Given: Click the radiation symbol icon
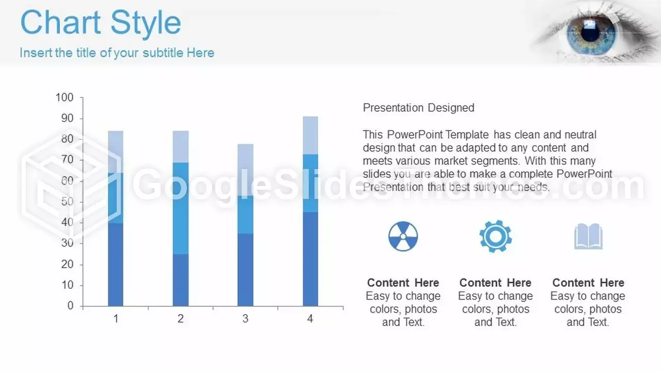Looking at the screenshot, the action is click(x=403, y=237).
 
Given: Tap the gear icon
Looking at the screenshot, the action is click(x=495, y=236).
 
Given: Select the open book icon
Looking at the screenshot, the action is click(x=588, y=236).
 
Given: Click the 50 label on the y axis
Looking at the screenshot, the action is click(x=67, y=202).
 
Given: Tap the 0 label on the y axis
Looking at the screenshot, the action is click(x=70, y=305).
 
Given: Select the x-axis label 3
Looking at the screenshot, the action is click(x=245, y=319).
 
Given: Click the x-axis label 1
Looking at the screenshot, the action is click(x=116, y=319).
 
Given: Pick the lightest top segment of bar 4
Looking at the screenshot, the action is click(x=310, y=135).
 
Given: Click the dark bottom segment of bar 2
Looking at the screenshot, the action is click(x=181, y=280).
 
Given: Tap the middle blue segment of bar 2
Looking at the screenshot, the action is click(x=181, y=208).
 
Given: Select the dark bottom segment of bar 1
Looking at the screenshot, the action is click(x=116, y=264).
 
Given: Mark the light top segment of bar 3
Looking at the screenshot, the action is click(x=245, y=170).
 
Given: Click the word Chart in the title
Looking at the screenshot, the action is click(x=60, y=22).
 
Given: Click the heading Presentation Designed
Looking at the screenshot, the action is click(x=418, y=108).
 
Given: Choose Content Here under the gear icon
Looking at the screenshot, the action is click(x=495, y=283).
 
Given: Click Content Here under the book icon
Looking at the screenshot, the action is click(x=588, y=283).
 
